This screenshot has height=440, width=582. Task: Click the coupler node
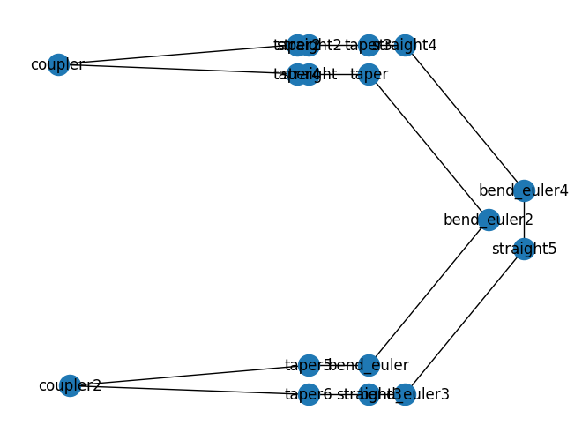tap(58, 65)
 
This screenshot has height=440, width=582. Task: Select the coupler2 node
tap(70, 385)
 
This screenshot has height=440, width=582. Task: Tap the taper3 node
tap(369, 45)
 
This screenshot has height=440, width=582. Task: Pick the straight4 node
tap(405, 45)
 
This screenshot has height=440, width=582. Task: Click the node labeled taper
tap(369, 75)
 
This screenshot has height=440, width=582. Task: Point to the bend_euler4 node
tap(524, 190)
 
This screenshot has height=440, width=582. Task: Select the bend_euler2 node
tap(489, 220)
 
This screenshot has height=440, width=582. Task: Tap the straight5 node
tap(524, 249)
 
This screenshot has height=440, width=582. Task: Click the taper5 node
tap(308, 365)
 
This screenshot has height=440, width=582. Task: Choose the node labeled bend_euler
tap(369, 365)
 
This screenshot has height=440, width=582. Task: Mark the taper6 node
tap(308, 394)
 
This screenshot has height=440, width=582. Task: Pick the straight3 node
tap(369, 394)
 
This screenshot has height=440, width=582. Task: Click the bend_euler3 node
tap(405, 394)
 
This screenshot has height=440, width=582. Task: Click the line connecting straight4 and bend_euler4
tap(464, 117)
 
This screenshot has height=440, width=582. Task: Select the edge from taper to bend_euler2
tap(429, 147)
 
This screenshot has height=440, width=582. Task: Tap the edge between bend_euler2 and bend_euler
tap(429, 292)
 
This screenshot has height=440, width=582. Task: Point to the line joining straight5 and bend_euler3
tap(464, 322)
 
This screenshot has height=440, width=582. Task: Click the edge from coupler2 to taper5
tap(189, 375)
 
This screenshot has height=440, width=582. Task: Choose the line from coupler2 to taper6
tap(189, 390)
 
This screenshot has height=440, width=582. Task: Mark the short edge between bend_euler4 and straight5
tap(524, 220)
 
